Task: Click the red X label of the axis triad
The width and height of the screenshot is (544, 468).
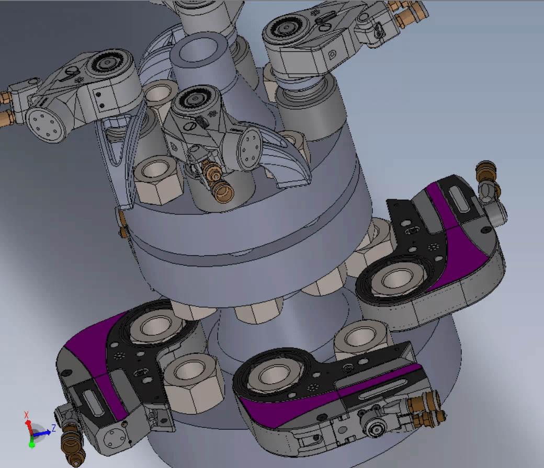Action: tap(26, 415)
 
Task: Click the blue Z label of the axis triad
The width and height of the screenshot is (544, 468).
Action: tap(53, 428)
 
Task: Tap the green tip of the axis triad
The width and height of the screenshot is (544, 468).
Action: tap(31, 444)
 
